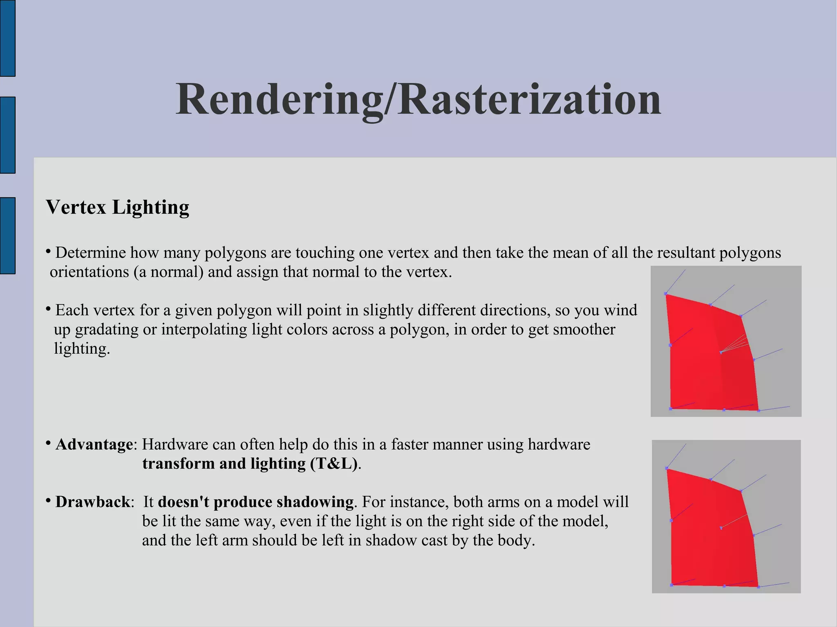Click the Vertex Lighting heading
point(118,207)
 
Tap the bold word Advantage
point(94,444)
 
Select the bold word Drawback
point(92,502)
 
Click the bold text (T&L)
point(333,464)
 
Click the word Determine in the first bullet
point(90,253)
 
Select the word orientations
point(89,272)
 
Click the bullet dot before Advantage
point(48,443)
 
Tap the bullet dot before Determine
point(48,251)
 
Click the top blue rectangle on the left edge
point(7,38)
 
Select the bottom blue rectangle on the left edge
point(7,235)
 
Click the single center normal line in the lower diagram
point(734,521)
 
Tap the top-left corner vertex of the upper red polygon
point(666,294)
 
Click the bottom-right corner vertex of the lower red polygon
point(758,587)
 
